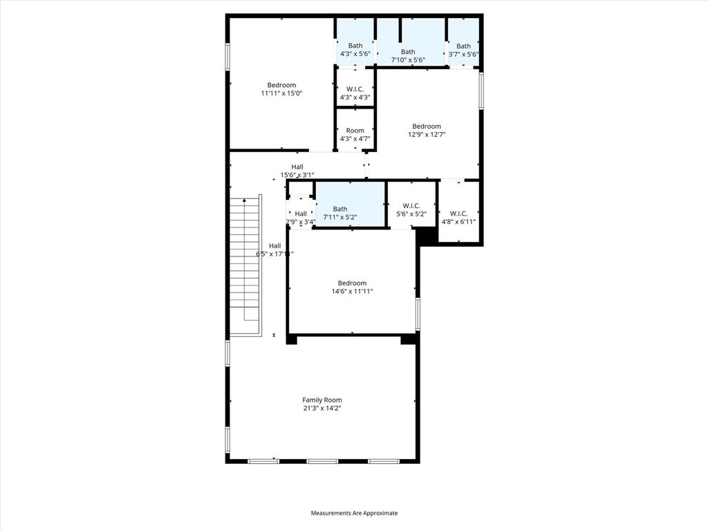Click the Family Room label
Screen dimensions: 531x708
tap(322, 400)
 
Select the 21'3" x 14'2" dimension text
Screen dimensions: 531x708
tap(322, 409)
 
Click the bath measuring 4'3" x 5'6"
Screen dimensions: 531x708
tap(355, 46)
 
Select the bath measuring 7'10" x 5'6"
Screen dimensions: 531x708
tap(408, 52)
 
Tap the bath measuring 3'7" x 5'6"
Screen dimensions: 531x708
tap(463, 47)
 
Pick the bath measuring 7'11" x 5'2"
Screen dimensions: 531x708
tap(340, 209)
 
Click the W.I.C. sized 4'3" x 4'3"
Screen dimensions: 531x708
tap(355, 89)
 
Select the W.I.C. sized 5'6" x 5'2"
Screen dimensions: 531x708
tap(411, 206)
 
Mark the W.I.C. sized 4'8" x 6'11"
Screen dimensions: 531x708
tap(458, 214)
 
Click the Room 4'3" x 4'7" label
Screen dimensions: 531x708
tap(355, 131)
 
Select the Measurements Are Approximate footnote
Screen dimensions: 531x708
tap(354, 513)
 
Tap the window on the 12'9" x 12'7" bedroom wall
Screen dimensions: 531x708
tap(481, 90)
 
